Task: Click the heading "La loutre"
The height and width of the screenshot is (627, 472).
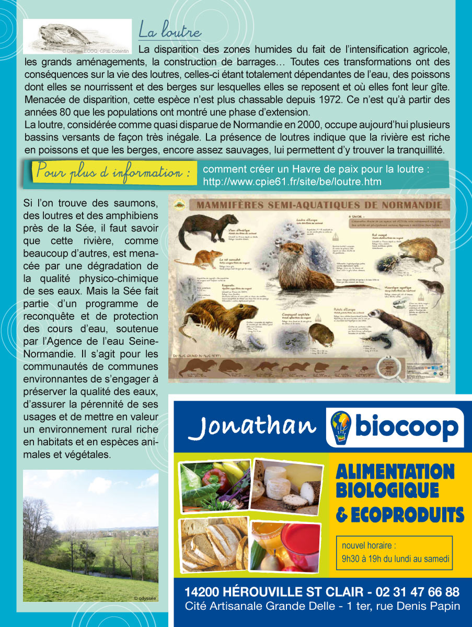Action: (169, 31)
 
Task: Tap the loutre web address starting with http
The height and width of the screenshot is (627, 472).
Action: (292, 182)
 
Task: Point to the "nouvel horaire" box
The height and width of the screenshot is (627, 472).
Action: (394, 552)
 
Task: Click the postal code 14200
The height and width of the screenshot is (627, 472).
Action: (203, 592)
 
